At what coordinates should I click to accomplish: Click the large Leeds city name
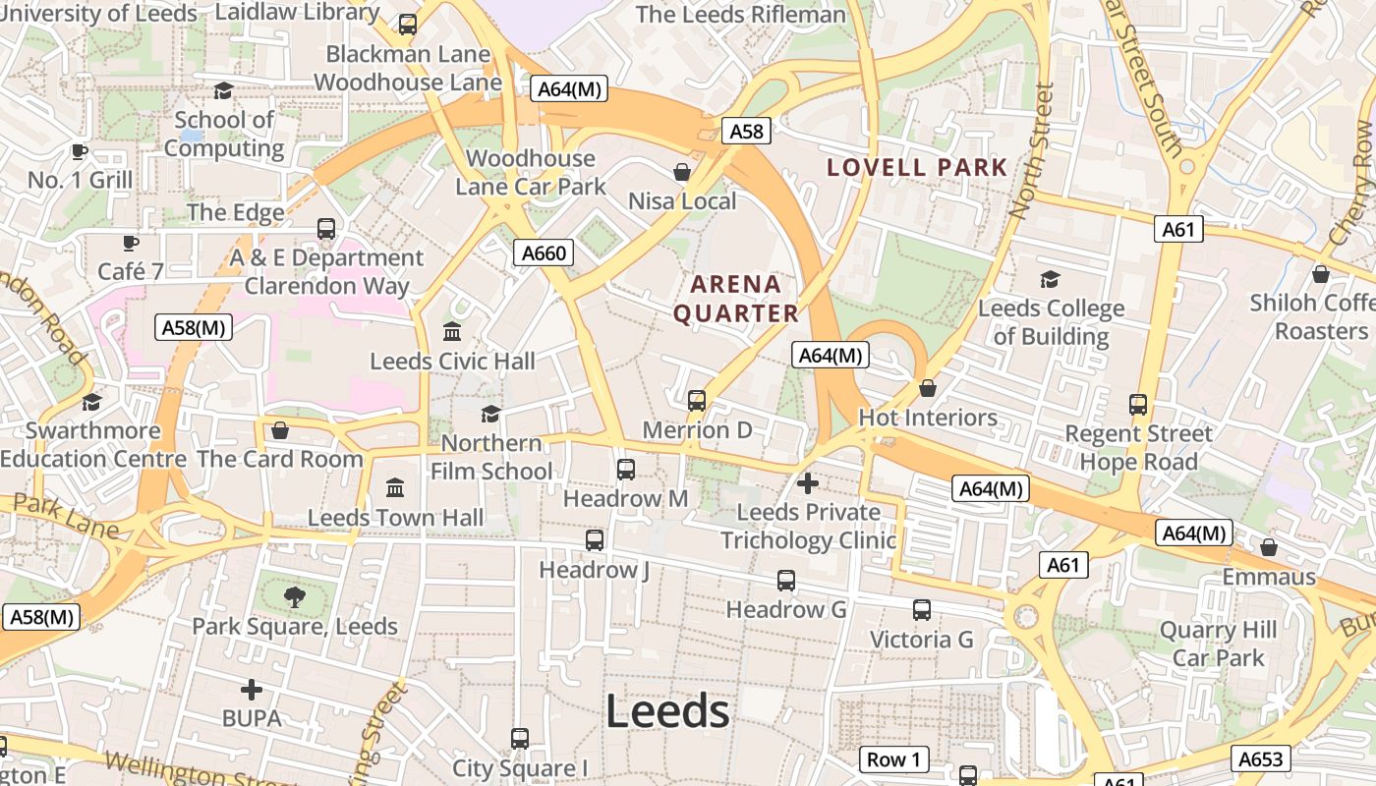pos(667,711)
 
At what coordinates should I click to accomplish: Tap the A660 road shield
pos(544,253)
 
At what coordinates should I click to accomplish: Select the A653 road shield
pos(1259,758)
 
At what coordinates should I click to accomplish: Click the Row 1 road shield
pos(893,759)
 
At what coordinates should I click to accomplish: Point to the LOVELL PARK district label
pos(917,167)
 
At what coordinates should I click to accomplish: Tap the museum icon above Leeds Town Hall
pos(395,487)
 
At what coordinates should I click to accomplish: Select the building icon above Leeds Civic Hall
pos(452,331)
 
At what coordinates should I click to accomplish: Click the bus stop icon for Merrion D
pos(697,400)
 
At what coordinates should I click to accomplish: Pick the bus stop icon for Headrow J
pos(595,539)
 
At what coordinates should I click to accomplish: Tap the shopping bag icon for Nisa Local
pos(682,172)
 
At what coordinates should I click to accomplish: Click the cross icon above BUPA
pos(252,690)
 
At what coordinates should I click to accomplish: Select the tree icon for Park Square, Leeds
pos(294,596)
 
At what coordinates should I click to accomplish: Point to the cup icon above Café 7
pos(130,242)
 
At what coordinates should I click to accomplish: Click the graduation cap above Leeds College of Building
pos(1050,279)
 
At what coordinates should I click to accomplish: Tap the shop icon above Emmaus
pos(1269,547)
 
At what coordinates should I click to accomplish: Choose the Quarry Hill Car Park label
pos(1219,644)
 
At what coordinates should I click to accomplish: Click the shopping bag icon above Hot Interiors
pos(927,388)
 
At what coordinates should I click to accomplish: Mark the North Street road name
pos(1032,149)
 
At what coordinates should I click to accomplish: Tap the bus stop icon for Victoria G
pos(921,609)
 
